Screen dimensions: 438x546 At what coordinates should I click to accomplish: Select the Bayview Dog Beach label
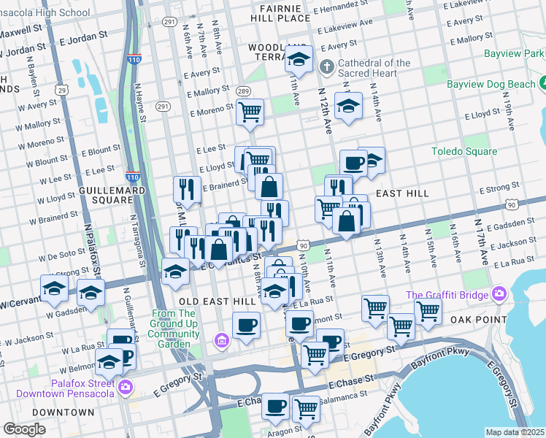coord(491,85)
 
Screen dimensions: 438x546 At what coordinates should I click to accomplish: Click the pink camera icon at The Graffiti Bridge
coord(499,294)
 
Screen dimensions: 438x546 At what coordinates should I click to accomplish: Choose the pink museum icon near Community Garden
coord(221,340)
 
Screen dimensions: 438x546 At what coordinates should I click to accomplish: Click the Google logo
coord(24,429)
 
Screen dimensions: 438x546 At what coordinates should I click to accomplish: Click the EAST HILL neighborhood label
coord(402,193)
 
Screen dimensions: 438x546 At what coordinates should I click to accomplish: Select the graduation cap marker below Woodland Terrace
coord(299,58)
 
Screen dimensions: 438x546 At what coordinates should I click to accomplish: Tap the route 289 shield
coord(243,91)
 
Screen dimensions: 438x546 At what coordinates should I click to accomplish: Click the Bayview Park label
coord(525,53)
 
